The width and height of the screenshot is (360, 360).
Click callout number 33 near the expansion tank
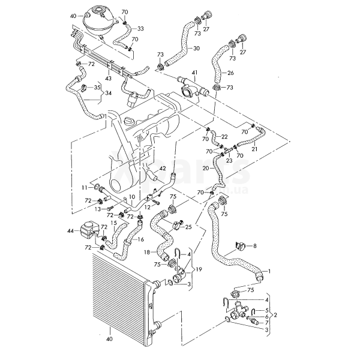[x=140, y=28]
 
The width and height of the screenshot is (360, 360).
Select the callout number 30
[x=197, y=49]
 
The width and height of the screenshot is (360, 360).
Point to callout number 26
[x=230, y=73]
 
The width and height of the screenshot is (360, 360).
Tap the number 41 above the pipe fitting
[x=193, y=73]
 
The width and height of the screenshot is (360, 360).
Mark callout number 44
[x=70, y=230]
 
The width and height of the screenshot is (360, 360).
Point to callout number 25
[x=188, y=227]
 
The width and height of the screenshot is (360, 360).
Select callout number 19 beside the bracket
[x=198, y=269]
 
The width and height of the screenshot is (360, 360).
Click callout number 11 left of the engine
[x=85, y=188]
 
